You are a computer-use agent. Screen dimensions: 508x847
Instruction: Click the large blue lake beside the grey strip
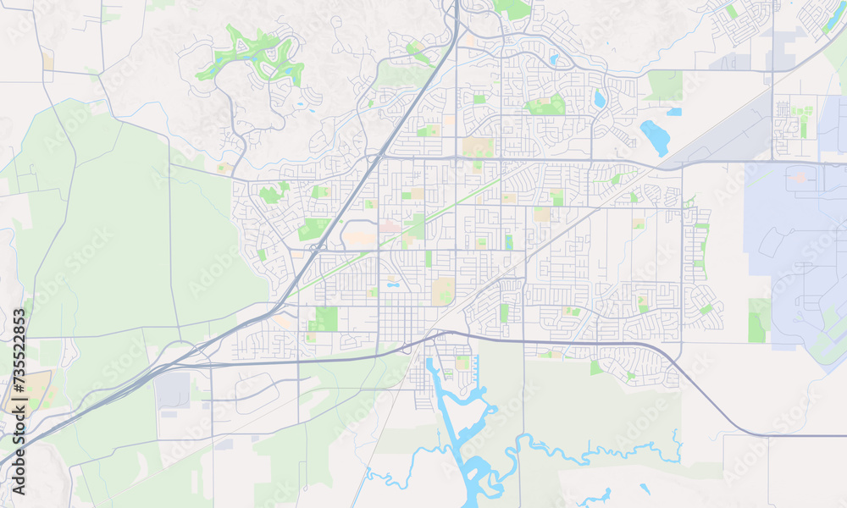tap(654, 137)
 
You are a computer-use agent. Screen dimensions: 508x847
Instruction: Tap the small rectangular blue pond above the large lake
tap(673, 111)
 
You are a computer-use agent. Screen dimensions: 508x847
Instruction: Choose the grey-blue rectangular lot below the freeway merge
tap(174, 389)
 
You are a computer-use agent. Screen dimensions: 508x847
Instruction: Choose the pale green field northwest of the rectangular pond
tap(665, 85)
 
